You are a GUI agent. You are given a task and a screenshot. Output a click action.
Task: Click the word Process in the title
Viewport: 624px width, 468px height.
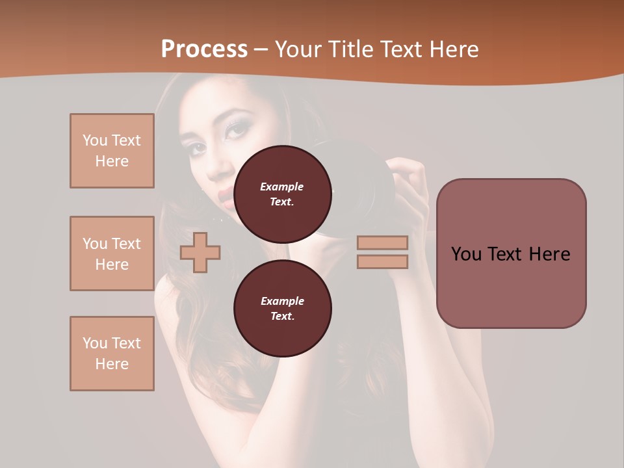click(x=204, y=49)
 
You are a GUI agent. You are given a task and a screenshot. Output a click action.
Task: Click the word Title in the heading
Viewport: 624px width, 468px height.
click(x=346, y=49)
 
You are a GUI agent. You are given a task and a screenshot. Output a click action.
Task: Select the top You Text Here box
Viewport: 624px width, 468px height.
click(x=112, y=151)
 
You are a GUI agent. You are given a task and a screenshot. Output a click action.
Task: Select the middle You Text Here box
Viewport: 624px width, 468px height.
click(x=112, y=253)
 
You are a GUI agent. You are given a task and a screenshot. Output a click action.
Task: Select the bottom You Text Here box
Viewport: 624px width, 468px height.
click(x=112, y=354)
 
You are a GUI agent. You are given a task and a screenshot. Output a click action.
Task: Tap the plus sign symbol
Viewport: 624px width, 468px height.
click(x=200, y=252)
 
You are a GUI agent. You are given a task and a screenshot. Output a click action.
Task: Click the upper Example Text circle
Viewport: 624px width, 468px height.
click(x=282, y=194)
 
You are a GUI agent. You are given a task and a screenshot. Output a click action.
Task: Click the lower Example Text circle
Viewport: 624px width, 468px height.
click(x=282, y=308)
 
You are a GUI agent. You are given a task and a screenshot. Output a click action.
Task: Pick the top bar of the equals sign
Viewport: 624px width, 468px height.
click(x=382, y=242)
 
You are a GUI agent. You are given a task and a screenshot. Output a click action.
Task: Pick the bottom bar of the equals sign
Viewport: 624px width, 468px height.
click(x=382, y=261)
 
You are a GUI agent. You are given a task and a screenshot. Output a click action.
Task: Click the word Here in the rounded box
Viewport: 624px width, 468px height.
click(x=549, y=254)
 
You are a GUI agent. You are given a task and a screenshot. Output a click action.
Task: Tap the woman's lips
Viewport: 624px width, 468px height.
click(x=224, y=196)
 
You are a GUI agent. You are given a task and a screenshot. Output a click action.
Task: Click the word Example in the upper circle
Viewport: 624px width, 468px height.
click(x=282, y=187)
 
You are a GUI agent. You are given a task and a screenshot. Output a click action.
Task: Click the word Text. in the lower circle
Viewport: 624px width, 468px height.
click(x=282, y=316)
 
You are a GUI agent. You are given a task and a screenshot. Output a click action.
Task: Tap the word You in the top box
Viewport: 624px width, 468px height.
click(x=94, y=140)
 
